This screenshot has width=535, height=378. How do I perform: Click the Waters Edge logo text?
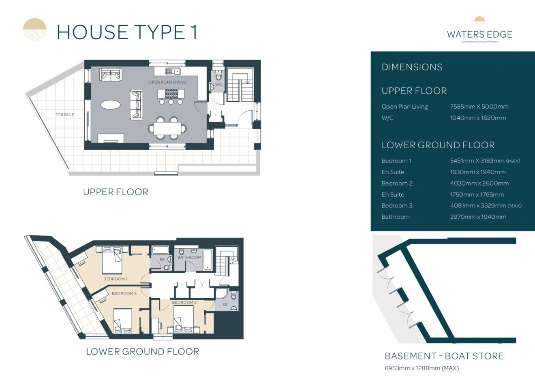pyautogui.click(x=479, y=34)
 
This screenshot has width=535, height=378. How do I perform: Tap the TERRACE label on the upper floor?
pyautogui.click(x=65, y=115)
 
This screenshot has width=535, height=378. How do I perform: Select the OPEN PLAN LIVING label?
pyautogui.click(x=167, y=82)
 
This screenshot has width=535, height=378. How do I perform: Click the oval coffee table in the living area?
pyautogui.click(x=110, y=105)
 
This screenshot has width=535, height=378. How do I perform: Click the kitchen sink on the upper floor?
pyautogui.click(x=173, y=72)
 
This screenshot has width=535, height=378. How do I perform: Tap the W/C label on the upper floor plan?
pyautogui.click(x=219, y=85)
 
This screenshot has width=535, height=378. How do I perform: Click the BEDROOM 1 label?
pyautogui.click(x=115, y=279)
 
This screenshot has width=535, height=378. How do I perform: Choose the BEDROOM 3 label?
pyautogui.click(x=124, y=293)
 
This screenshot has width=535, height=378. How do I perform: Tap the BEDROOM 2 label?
pyautogui.click(x=184, y=302)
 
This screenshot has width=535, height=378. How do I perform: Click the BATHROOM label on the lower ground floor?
pyautogui.click(x=189, y=257)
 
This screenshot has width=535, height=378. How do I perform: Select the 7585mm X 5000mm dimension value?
pyautogui.click(x=479, y=107)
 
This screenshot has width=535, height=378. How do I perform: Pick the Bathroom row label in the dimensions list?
pyautogui.click(x=396, y=217)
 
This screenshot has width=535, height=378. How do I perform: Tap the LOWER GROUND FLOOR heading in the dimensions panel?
pyautogui.click(x=438, y=145)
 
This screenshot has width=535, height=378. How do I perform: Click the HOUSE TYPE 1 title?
pyautogui.click(x=127, y=32)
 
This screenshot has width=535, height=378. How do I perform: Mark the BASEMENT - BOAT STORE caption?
pyautogui.click(x=444, y=356)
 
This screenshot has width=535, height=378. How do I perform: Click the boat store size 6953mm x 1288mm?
pyautogui.click(x=422, y=368)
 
